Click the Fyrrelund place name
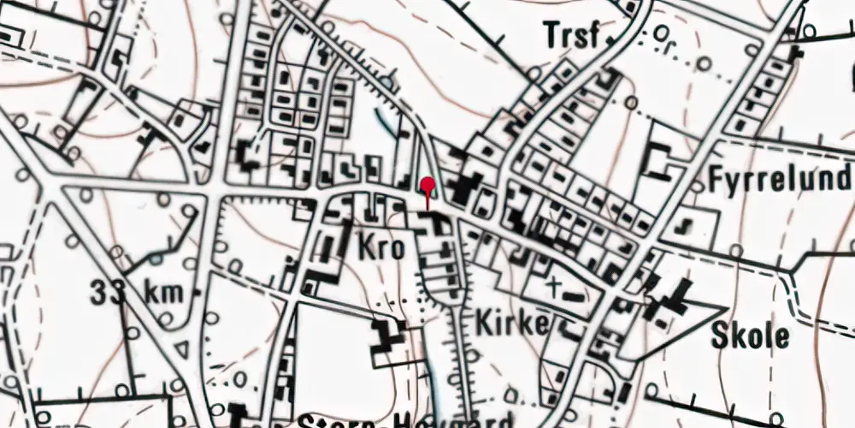tap(780, 181)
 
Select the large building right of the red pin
tap(467, 187)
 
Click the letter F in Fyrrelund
tap(716, 180)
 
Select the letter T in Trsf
tap(551, 36)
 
